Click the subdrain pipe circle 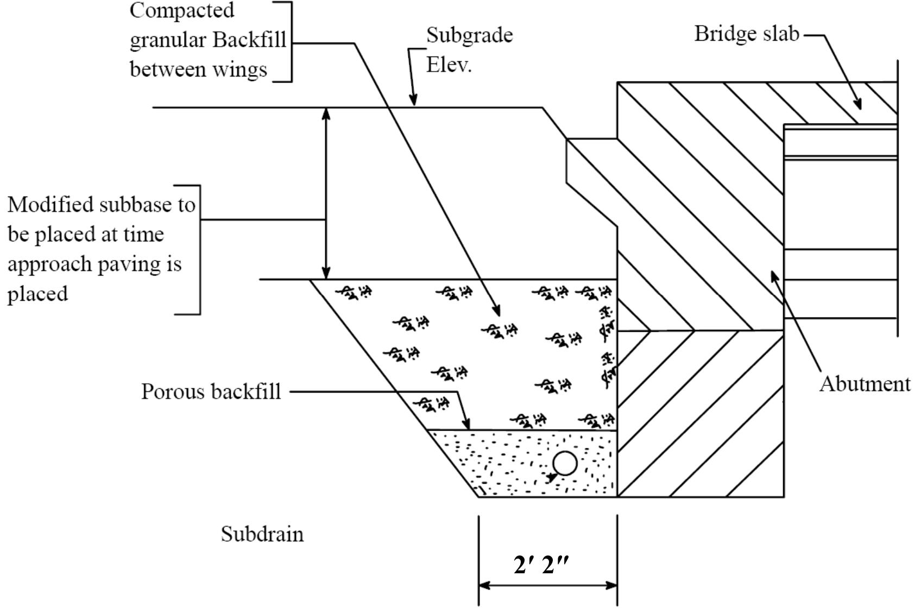coord(565,464)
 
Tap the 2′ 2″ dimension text coord(541,566)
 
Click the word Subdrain coord(262,534)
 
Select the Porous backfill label coord(211,391)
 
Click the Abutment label coord(865,384)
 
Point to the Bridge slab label coord(747,34)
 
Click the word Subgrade coord(469,35)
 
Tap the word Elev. coord(449,65)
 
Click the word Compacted coord(181,10)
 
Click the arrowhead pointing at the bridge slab coord(857,104)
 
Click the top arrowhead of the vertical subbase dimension coord(326,113)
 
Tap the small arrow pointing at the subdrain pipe coord(552,477)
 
